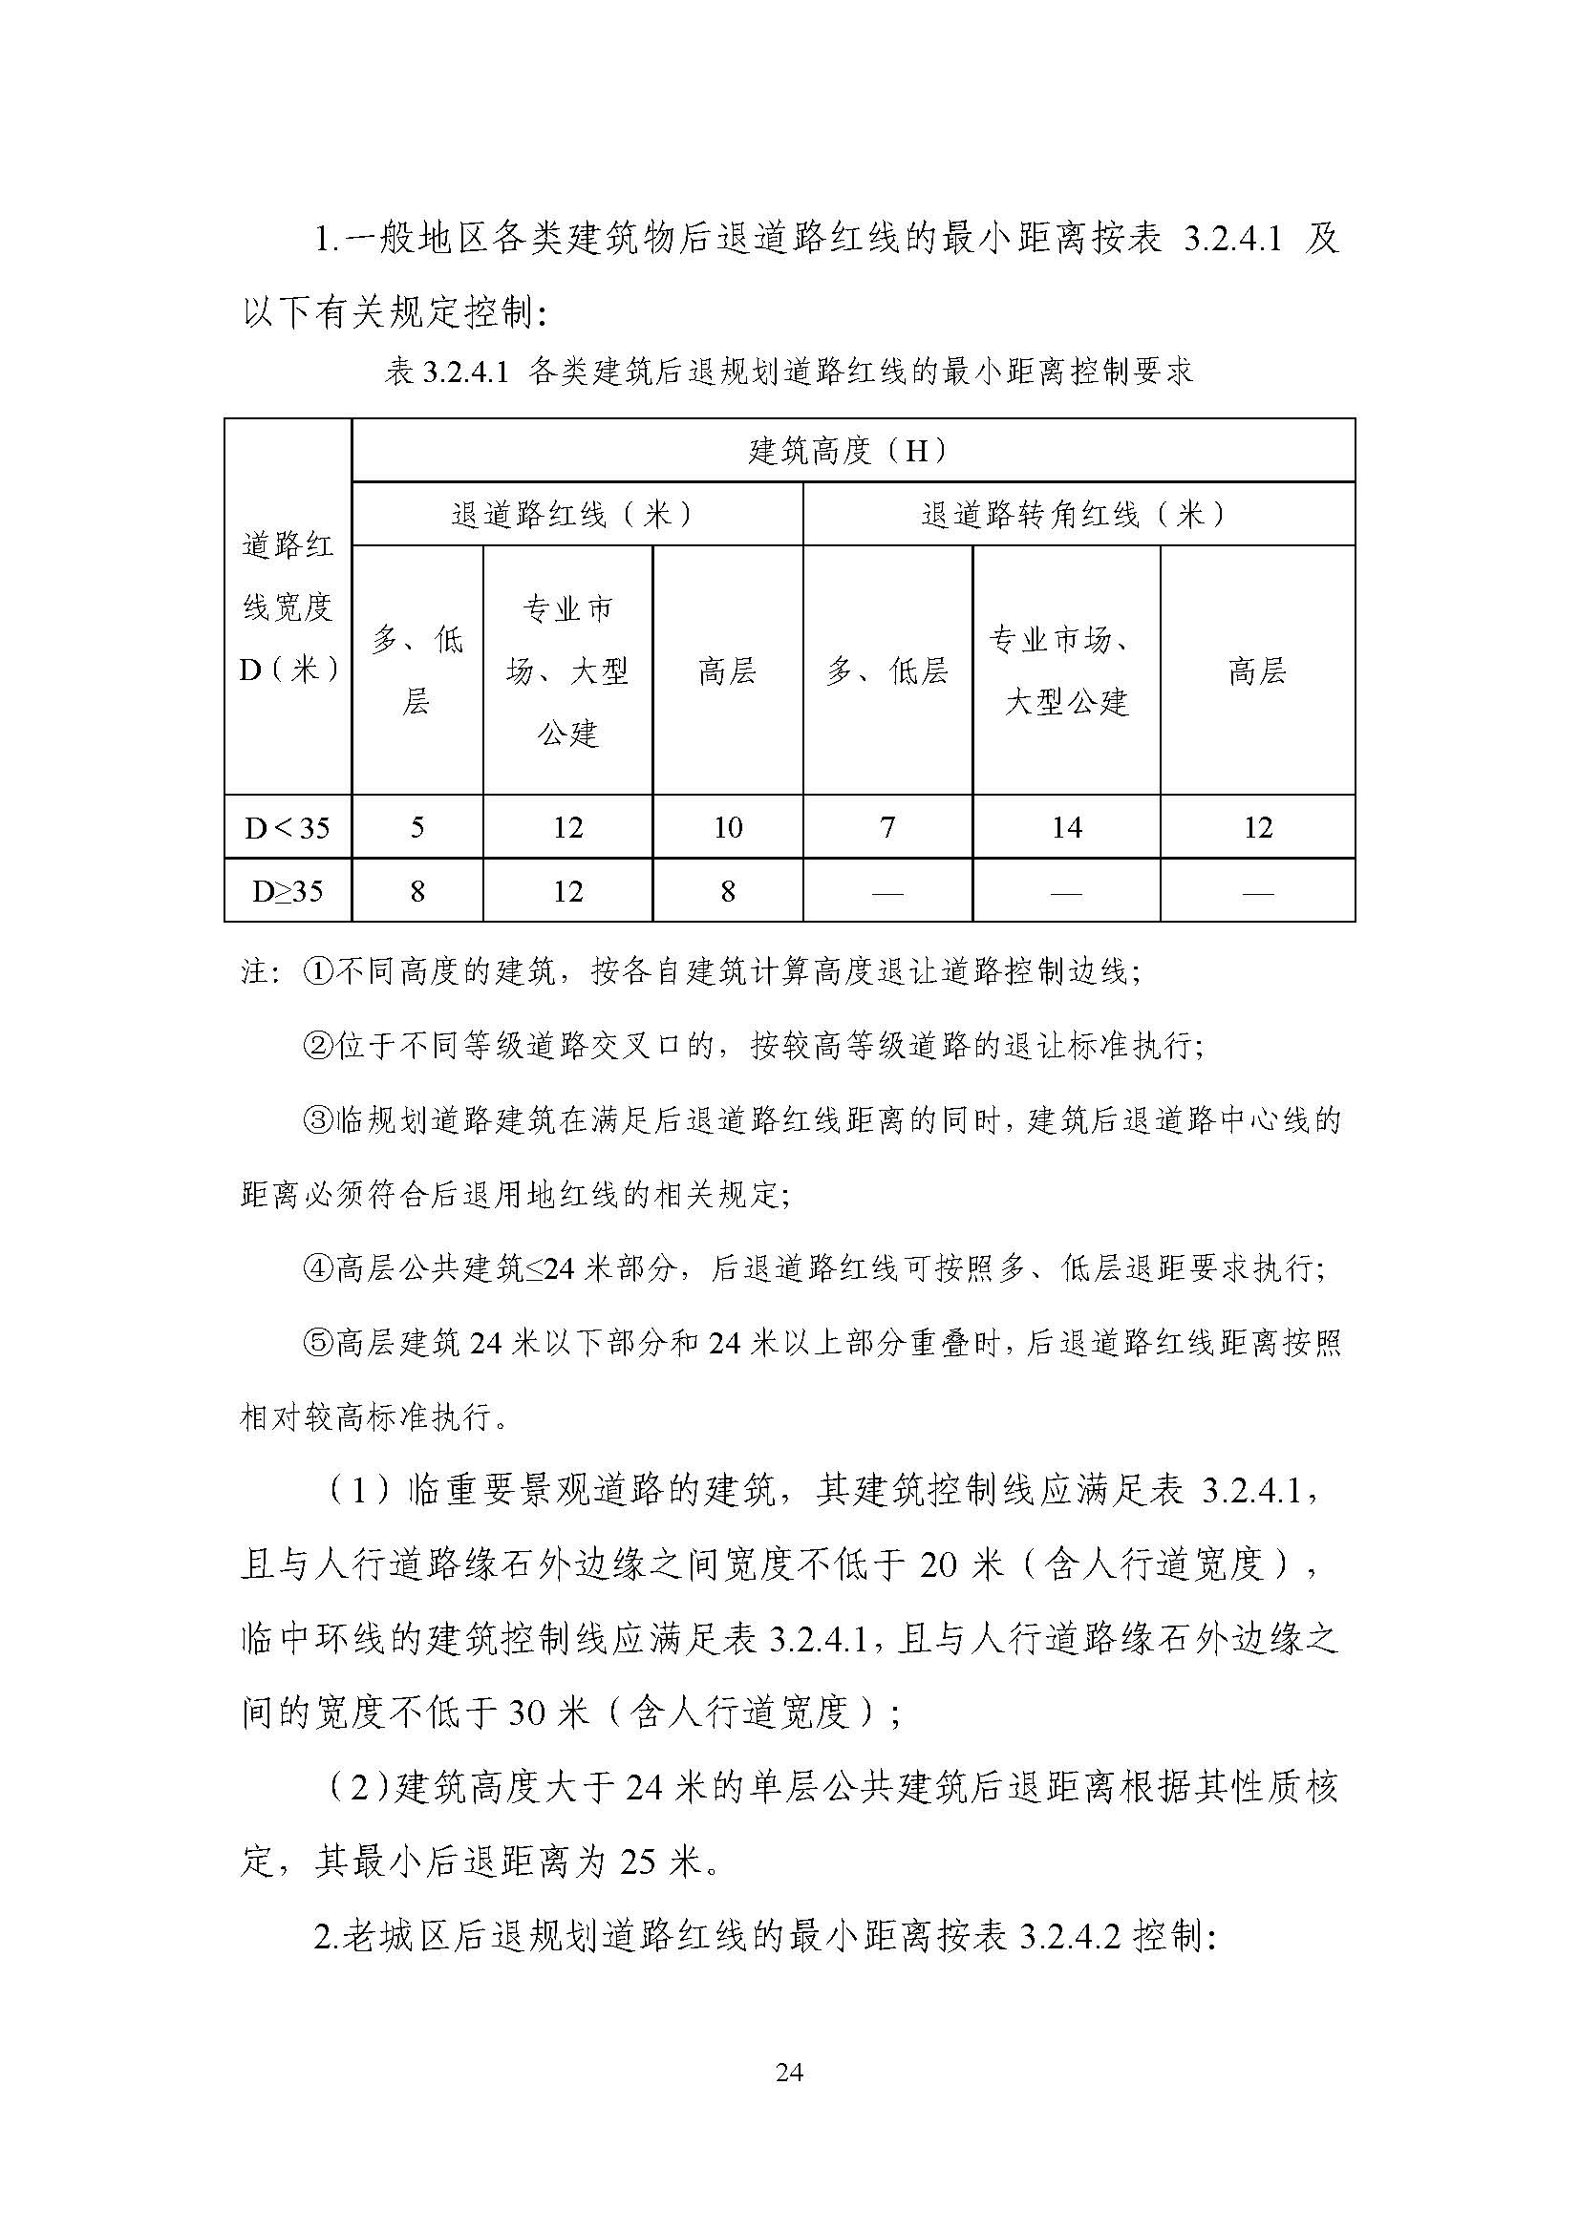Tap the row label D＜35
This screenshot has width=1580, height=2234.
(x=287, y=828)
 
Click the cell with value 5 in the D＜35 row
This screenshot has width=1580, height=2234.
(x=417, y=828)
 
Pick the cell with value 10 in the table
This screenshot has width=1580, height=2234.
(x=728, y=828)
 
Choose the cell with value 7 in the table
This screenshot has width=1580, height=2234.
(x=887, y=828)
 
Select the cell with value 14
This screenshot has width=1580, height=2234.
(x=1066, y=828)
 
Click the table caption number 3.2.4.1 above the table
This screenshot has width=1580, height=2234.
(x=466, y=372)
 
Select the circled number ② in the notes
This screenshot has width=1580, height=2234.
(x=318, y=1047)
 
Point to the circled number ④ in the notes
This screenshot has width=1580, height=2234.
(x=318, y=1269)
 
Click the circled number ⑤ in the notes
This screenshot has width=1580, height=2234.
(x=318, y=1345)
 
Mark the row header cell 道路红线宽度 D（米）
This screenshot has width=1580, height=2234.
(x=287, y=608)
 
